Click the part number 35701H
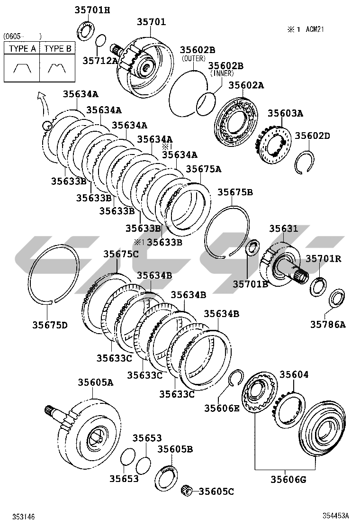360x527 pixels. pyautogui.click(x=92, y=10)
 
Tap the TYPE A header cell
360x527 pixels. pyautogui.click(x=22, y=48)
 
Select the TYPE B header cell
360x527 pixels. pyautogui.click(x=57, y=48)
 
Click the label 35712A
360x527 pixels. pyautogui.click(x=100, y=61)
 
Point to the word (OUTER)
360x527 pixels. pyautogui.click(x=193, y=58)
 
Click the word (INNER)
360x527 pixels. pyautogui.click(x=222, y=73)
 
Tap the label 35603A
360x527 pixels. pyautogui.click(x=285, y=113)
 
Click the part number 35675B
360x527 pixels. pyautogui.click(x=235, y=192)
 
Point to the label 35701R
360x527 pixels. pyautogui.click(x=324, y=259)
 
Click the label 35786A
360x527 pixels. pyautogui.click(x=328, y=324)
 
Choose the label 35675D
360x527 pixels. pyautogui.click(x=50, y=325)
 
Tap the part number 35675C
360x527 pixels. pyautogui.click(x=121, y=254)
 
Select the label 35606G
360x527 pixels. pyautogui.click(x=288, y=479)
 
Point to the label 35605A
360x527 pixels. pyautogui.click(x=96, y=382)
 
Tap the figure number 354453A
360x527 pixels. pyautogui.click(x=336, y=516)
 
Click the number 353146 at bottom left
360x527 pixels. pyautogui.click(x=24, y=517)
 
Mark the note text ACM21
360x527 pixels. pyautogui.click(x=315, y=29)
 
